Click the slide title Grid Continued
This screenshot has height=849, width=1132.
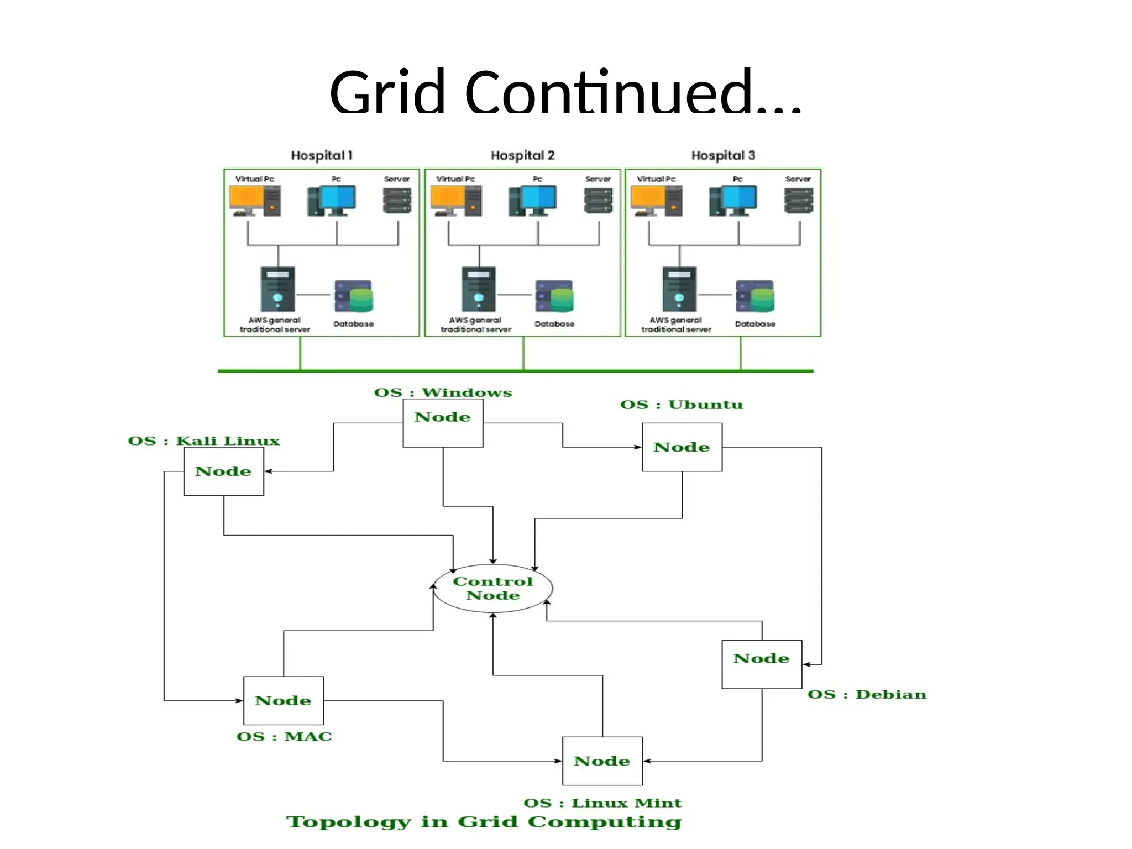(x=565, y=91)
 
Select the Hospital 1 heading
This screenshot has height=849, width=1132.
(x=321, y=155)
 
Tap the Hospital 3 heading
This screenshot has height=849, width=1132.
(x=723, y=155)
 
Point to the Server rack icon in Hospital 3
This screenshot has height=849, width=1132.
(x=799, y=201)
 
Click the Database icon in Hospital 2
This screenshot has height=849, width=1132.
(x=554, y=296)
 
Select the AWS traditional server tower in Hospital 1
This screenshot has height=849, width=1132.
(x=277, y=289)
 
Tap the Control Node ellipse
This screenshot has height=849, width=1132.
(x=492, y=588)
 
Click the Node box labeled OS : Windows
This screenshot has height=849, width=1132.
(x=443, y=423)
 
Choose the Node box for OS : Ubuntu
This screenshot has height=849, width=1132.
(x=682, y=447)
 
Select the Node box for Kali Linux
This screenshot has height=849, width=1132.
(x=223, y=471)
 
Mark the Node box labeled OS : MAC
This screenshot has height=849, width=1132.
(x=283, y=700)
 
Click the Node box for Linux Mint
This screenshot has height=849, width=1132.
(x=602, y=761)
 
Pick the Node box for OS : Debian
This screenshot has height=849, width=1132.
(x=761, y=664)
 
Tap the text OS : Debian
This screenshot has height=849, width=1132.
(x=867, y=694)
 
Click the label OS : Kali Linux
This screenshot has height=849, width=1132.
(x=204, y=441)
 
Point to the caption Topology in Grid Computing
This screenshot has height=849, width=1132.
(x=484, y=821)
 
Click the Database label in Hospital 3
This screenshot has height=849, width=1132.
(x=755, y=324)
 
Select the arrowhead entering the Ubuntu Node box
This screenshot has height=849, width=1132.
(x=638, y=447)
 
